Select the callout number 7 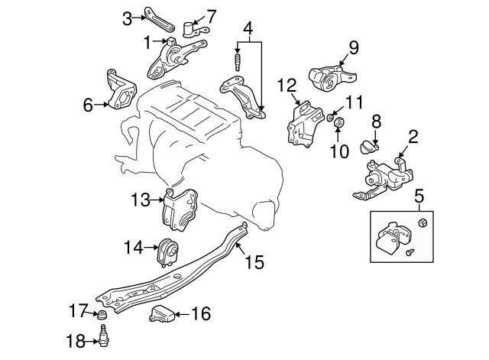pyautogui.click(x=212, y=15)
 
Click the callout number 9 pyautogui.click(x=354, y=48)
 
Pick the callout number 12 pyautogui.click(x=286, y=84)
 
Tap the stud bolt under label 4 pyautogui.click(x=237, y=60)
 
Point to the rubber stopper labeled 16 pyautogui.click(x=162, y=313)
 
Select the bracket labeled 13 pyautogui.click(x=180, y=208)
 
